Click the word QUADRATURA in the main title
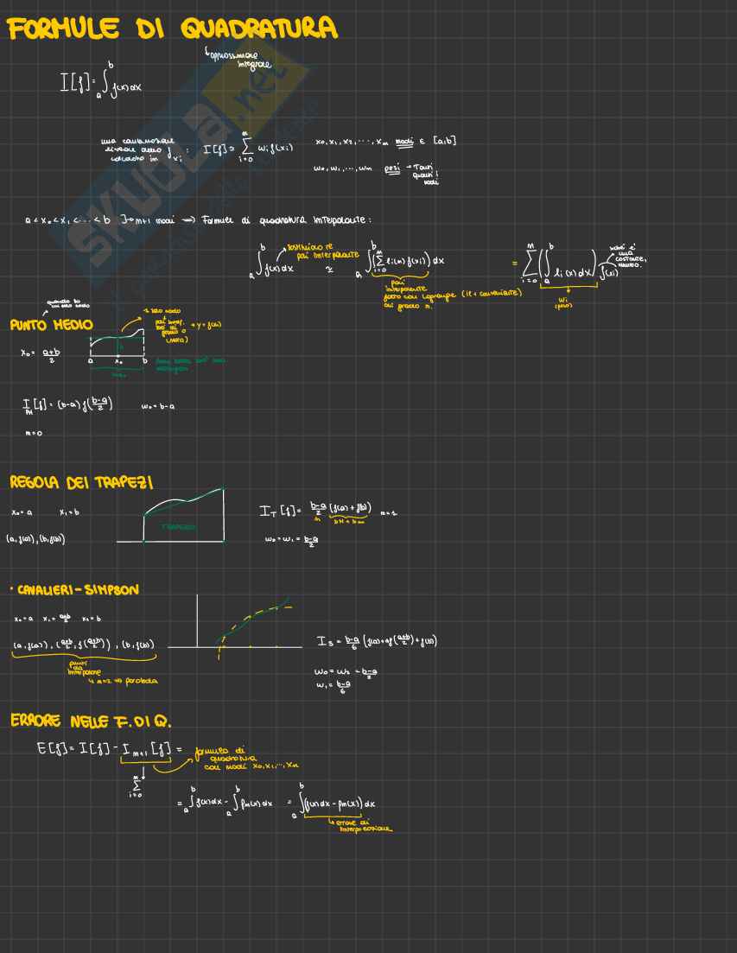[258, 29]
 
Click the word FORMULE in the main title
[64, 29]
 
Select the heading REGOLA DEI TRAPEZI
[81, 481]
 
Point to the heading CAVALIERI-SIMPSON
[79, 589]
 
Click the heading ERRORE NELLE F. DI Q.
[96, 721]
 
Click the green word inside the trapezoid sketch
[177, 527]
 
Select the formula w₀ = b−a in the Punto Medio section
[158, 406]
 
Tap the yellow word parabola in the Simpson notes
[139, 681]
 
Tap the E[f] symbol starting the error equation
[53, 747]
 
